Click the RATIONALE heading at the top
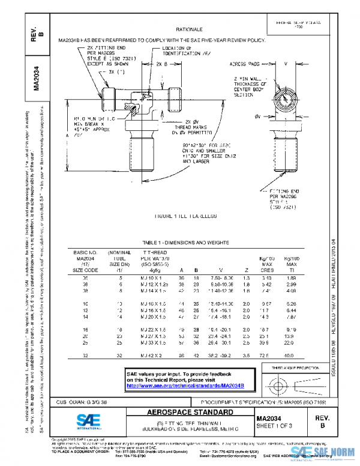(x=188, y=29)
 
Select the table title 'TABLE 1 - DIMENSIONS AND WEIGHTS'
(x=188, y=241)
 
